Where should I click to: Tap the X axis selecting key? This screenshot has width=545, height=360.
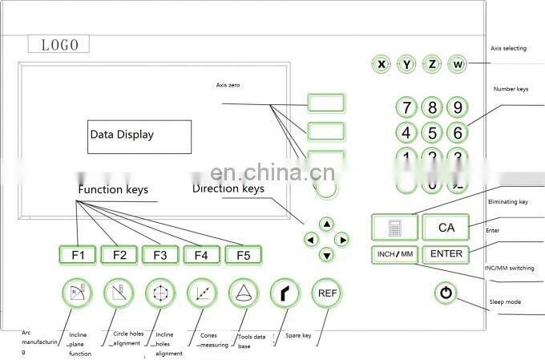tap(382, 63)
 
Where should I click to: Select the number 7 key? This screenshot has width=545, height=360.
tap(407, 108)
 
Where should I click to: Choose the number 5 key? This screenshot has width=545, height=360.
tap(432, 132)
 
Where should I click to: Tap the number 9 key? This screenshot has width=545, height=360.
tap(457, 108)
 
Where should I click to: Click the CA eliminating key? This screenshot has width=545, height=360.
tap(446, 228)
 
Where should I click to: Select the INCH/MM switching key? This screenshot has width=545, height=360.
tap(394, 255)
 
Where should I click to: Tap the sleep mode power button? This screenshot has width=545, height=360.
tap(446, 294)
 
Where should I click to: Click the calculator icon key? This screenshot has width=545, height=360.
tap(394, 228)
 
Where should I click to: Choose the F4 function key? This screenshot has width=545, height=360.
tap(201, 255)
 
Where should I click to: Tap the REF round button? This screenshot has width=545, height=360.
tap(327, 293)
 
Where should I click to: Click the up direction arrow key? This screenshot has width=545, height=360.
tap(326, 224)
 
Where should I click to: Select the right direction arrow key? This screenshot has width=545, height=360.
tap(341, 239)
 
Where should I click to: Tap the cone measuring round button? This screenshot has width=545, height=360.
tap(243, 293)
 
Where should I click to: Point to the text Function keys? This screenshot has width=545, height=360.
tap(113, 190)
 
